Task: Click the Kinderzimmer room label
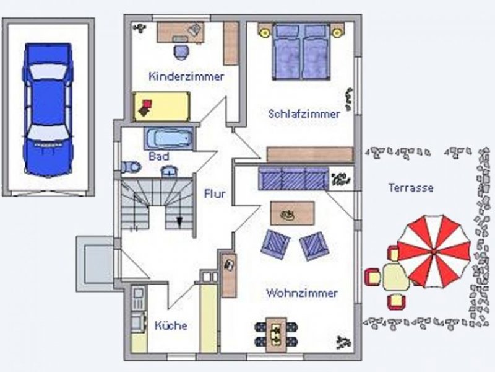coord(186,76)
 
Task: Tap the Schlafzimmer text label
coord(304,114)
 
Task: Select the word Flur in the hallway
coord(215,193)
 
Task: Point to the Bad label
coord(159,156)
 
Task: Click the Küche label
coord(171,325)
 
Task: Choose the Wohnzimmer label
coord(302,293)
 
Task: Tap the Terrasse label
coord(411,188)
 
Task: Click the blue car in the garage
coord(48,109)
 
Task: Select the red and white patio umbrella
coord(434,252)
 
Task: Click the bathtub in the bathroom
coord(169,138)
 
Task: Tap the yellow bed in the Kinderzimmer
coord(161,107)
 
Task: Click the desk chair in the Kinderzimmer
coord(181,52)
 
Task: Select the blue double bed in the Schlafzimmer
coord(301,51)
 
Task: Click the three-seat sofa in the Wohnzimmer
coord(293,179)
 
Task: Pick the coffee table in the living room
coord(292,213)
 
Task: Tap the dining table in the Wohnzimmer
coord(276,335)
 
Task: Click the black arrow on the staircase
coord(179,221)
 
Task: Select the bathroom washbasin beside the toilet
coord(170,171)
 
